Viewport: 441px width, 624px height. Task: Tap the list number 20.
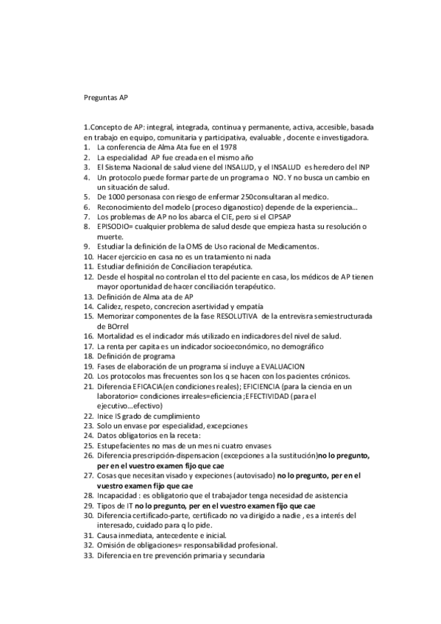click(88, 375)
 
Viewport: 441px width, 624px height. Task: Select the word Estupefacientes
click(127, 445)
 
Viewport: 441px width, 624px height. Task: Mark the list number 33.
click(88, 556)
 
